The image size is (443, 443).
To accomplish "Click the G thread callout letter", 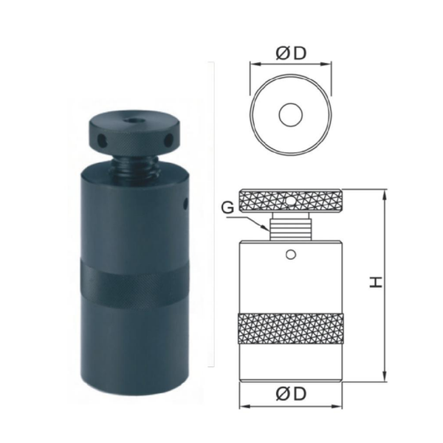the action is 227,208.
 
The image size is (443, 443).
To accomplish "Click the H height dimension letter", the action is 376,282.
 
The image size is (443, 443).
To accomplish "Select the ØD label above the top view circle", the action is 291,53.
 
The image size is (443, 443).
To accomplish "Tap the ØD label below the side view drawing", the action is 291,394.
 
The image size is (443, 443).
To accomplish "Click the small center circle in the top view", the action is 291,114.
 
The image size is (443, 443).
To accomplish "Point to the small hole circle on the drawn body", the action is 291,255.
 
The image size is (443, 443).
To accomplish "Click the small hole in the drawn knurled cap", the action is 289,200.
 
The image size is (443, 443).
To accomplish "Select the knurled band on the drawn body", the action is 291,329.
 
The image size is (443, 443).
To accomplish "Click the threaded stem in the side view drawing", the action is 291,226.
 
